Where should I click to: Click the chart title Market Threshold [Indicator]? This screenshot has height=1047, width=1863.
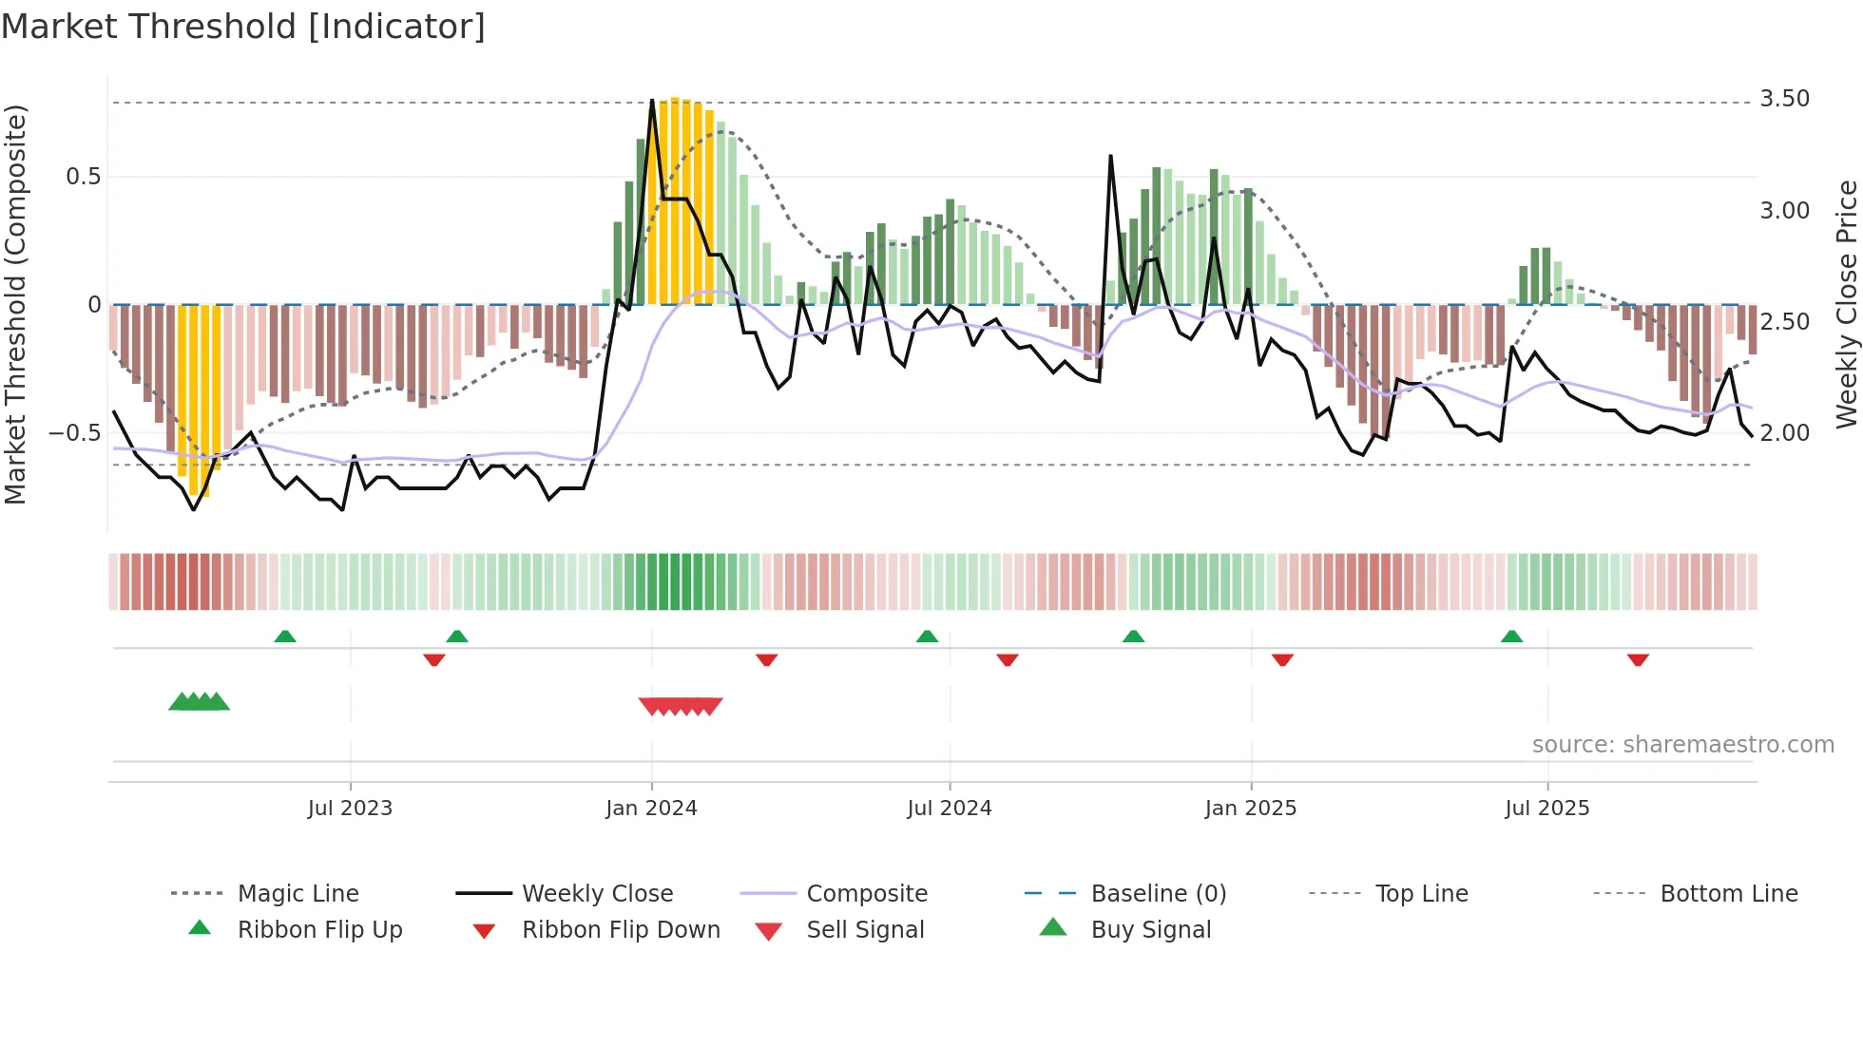pyautogui.click(x=243, y=27)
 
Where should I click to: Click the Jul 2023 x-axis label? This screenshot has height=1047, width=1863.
pyautogui.click(x=350, y=809)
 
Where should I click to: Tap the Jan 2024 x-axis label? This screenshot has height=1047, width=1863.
pyautogui.click(x=651, y=809)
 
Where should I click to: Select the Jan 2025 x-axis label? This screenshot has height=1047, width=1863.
pyautogui.click(x=1250, y=809)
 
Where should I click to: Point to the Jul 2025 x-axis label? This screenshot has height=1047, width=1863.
pyautogui.click(x=1546, y=809)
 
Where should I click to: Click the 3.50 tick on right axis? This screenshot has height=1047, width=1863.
pyautogui.click(x=1784, y=99)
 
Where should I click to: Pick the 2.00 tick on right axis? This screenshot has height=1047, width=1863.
pyautogui.click(x=1784, y=433)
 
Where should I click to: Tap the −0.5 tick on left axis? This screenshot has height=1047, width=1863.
pyautogui.click(x=74, y=433)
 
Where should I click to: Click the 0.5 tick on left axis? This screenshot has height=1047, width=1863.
pyautogui.click(x=83, y=177)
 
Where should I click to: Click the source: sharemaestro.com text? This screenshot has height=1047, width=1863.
pyautogui.click(x=1682, y=745)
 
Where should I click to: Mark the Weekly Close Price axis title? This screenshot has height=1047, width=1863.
pyautogui.click(x=1846, y=304)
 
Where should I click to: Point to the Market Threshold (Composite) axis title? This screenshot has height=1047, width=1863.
pyautogui.click(x=15, y=304)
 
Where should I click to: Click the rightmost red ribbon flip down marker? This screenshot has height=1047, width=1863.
pyautogui.click(x=1637, y=660)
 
